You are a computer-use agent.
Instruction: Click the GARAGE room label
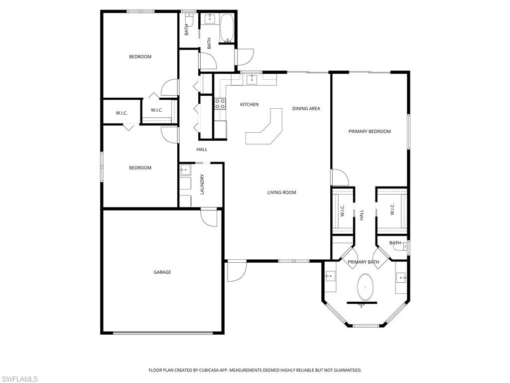(x=162, y=272)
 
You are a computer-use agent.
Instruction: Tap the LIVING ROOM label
(x=281, y=192)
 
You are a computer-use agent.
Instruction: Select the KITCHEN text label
(x=249, y=105)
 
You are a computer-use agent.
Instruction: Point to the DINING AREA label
(x=306, y=109)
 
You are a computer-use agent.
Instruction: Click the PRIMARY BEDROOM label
(x=369, y=132)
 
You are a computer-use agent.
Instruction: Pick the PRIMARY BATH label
(x=363, y=262)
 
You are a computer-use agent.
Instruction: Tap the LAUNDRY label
(x=202, y=184)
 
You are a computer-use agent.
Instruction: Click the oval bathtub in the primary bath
(x=365, y=287)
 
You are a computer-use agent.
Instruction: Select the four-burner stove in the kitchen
(x=220, y=104)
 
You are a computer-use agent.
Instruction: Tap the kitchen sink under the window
(x=252, y=79)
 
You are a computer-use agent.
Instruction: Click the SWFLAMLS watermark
(x=19, y=379)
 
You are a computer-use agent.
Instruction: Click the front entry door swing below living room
(x=235, y=271)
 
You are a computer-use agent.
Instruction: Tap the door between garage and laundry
(x=209, y=217)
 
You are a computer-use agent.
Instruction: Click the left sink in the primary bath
(x=330, y=276)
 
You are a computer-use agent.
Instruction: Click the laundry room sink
(x=185, y=170)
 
